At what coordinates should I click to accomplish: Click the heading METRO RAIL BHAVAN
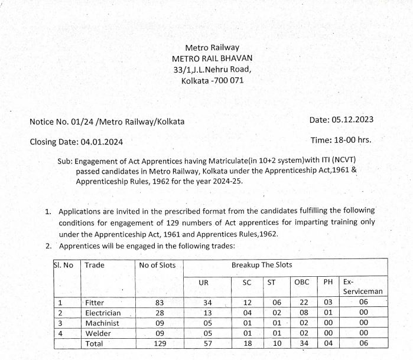212,58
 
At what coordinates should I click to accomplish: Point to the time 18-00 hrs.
352,140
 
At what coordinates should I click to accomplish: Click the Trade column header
95,266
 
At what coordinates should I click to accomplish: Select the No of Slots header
157,266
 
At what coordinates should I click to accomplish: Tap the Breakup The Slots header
262,265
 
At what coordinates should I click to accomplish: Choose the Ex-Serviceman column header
363,287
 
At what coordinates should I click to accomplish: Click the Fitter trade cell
95,303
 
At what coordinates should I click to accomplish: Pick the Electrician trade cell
103,313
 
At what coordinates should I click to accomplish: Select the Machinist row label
102,323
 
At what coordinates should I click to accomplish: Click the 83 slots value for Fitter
158,303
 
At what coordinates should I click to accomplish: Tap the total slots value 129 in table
158,343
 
